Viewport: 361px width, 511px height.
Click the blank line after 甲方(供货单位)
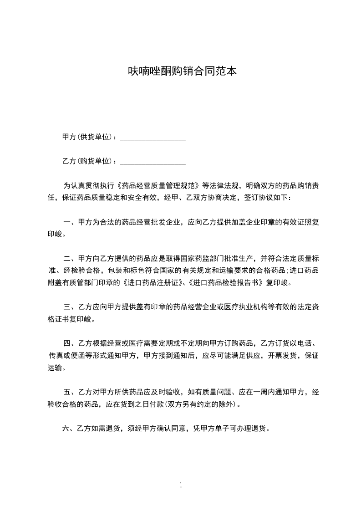(x=153, y=138)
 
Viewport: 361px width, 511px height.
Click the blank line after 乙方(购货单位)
(x=153, y=162)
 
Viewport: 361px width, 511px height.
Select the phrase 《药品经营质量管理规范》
(x=159, y=186)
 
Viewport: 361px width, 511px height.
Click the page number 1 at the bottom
(x=181, y=485)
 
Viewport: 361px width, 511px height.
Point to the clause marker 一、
(x=70, y=223)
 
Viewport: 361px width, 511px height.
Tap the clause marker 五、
(x=70, y=391)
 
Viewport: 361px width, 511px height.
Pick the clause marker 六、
(x=67, y=428)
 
